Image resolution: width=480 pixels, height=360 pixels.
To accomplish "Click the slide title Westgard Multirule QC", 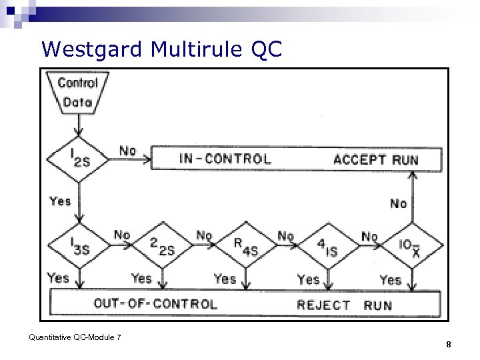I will (x=161, y=49).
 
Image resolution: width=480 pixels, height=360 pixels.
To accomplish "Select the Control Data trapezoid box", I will (x=78, y=93).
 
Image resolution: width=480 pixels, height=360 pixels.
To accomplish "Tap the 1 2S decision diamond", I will (x=79, y=159).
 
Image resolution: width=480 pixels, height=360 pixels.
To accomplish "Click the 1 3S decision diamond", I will (x=79, y=245).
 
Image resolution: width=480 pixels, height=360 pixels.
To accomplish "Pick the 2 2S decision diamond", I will (x=162, y=247).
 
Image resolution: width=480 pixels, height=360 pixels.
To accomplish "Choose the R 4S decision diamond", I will (x=245, y=247).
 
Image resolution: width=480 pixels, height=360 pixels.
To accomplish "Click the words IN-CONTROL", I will (x=225, y=159).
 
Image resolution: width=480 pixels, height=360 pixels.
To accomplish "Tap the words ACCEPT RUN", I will (x=376, y=159).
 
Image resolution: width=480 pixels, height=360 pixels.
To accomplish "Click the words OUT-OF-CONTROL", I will (x=155, y=304).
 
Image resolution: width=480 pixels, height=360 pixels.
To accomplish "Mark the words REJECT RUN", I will (x=344, y=305).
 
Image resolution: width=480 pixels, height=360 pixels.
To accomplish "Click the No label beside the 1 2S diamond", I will (x=127, y=151).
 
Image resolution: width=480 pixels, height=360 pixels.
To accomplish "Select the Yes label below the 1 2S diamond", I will (x=60, y=201).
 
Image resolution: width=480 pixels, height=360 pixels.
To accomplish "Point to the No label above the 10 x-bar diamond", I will (x=398, y=203).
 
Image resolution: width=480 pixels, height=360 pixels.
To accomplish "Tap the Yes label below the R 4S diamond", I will (x=225, y=279).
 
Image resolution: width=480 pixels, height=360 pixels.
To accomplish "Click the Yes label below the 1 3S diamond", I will (x=58, y=277).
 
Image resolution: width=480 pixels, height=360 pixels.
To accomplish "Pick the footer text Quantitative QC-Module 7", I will (x=75, y=337).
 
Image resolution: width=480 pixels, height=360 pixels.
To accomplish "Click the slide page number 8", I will (x=449, y=345).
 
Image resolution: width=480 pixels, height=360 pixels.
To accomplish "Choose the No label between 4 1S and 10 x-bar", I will (x=369, y=236).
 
